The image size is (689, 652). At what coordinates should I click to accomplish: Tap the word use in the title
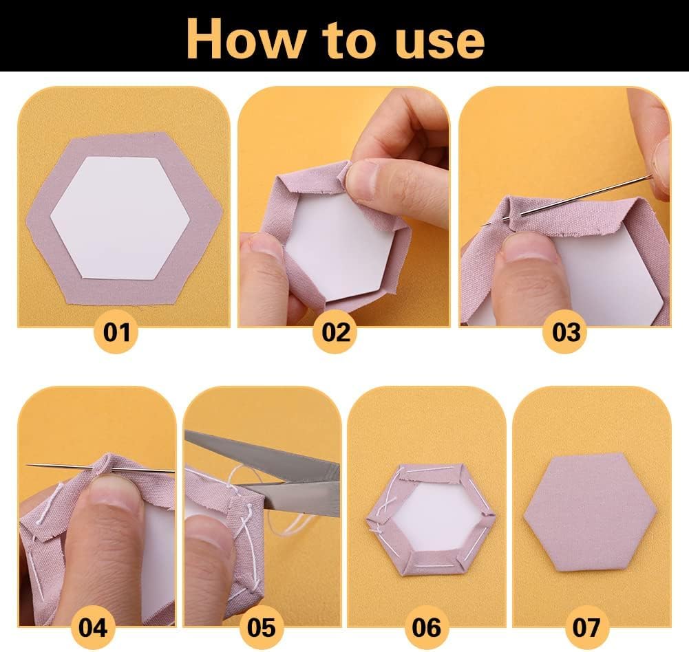(x=439, y=43)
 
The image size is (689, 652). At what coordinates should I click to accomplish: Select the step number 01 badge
(x=116, y=332)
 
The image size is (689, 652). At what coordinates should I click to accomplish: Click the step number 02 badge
(x=336, y=332)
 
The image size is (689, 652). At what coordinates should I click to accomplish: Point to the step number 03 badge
(x=566, y=332)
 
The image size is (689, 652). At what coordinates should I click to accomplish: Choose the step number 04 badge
(x=93, y=627)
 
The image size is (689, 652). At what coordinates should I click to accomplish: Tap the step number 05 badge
(x=262, y=627)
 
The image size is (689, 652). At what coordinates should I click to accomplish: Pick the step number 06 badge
(x=426, y=627)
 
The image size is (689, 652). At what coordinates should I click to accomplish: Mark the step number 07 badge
(x=586, y=627)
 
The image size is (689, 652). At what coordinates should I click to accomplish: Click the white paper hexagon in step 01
(x=120, y=217)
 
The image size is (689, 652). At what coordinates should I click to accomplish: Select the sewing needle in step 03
(x=567, y=200)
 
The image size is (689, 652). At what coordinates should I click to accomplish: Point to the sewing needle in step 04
(x=100, y=468)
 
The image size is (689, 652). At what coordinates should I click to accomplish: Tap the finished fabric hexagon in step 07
(x=590, y=512)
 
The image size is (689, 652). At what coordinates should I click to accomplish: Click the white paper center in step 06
(x=433, y=518)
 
